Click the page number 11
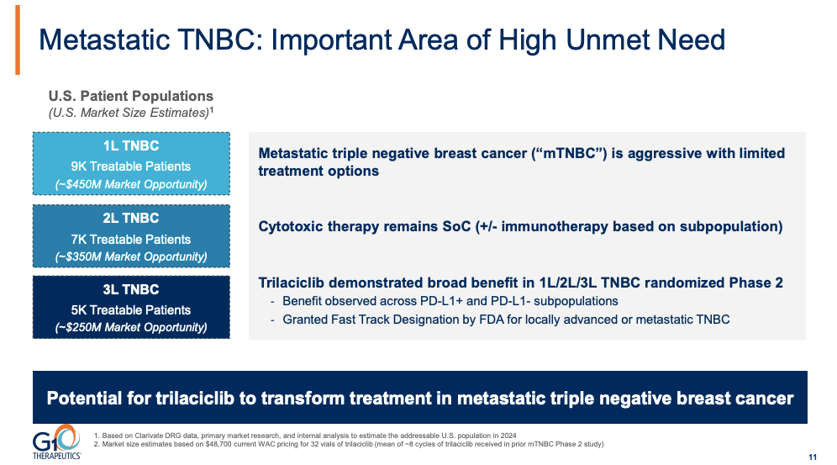point(812,457)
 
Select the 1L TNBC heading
point(130,146)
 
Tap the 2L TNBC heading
point(130,219)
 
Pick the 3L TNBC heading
point(130,290)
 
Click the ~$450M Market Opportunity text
point(130,184)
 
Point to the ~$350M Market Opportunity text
point(130,256)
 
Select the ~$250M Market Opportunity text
point(130,327)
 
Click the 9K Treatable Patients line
point(130,166)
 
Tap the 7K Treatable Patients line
point(130,239)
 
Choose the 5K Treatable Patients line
point(130,309)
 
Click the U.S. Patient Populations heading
point(130,96)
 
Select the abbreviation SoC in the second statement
point(461,227)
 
